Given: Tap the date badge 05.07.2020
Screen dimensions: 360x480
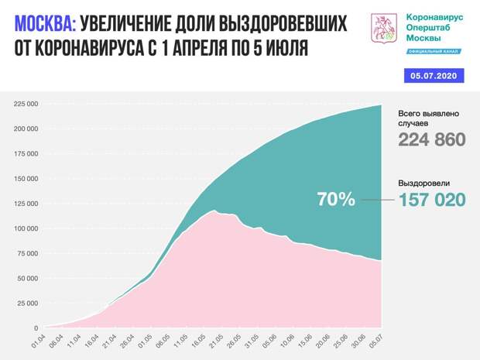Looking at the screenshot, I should click(x=436, y=76).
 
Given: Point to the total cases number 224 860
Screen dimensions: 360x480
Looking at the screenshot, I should click(x=432, y=139).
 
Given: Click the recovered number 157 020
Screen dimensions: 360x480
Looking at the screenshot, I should click(x=432, y=199).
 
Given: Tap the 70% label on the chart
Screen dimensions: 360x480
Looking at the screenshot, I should click(x=336, y=199).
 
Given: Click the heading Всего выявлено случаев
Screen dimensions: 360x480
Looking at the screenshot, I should click(x=429, y=118).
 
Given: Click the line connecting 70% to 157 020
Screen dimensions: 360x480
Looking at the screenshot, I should click(x=376, y=199).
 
